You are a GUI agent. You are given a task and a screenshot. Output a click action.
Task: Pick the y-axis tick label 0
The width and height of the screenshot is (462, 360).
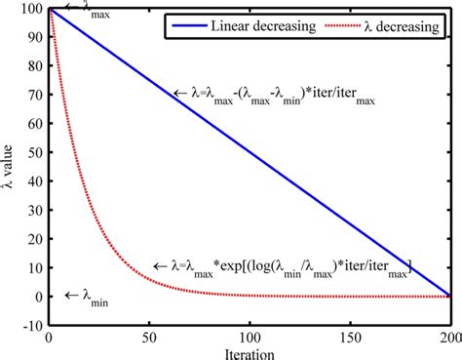[x=38, y=297]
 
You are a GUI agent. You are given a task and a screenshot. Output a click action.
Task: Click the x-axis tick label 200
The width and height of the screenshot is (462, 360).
[x=448, y=339]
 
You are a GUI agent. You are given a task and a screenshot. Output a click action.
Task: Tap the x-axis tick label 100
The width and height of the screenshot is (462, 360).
[x=249, y=339]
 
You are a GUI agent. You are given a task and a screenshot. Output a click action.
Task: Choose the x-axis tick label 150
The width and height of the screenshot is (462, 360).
[x=348, y=339]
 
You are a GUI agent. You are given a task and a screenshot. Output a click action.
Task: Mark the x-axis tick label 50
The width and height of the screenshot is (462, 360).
[x=148, y=339]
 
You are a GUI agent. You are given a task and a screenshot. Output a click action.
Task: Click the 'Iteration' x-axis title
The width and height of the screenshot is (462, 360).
[x=248, y=352]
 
